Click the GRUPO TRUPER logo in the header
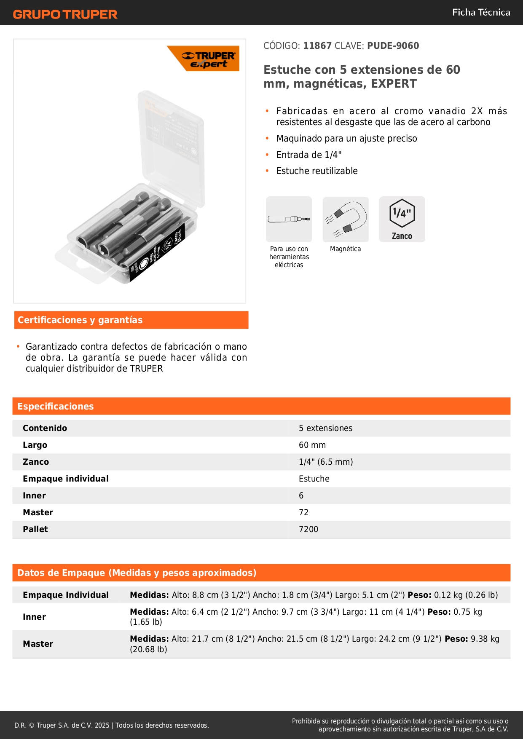point(65,14)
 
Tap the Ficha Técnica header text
point(481,13)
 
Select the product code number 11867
point(317,46)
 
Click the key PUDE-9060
point(393,46)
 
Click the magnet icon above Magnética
point(346,219)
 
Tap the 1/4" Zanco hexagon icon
point(402,219)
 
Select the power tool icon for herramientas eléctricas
point(289,219)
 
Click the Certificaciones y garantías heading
point(80,320)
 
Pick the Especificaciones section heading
point(56,407)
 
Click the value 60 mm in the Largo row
point(312,445)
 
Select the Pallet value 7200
point(308,530)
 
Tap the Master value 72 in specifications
point(304,513)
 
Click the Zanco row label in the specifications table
point(36,462)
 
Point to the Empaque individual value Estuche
point(314,479)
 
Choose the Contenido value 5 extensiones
point(325,428)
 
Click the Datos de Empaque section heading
point(137,573)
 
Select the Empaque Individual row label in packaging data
point(66,595)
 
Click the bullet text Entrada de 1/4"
point(309,155)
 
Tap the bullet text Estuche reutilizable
point(317,171)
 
